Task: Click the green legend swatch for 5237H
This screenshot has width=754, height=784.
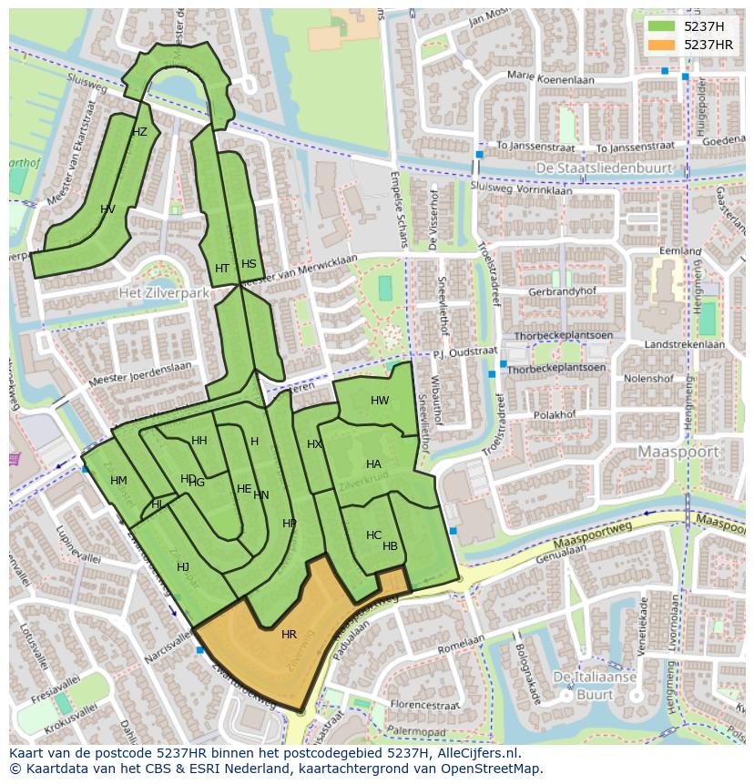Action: (x=661, y=26)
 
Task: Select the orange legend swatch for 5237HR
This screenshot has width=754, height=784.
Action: (x=661, y=45)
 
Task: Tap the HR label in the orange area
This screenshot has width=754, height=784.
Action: (x=289, y=635)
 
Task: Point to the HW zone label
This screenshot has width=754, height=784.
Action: (x=380, y=401)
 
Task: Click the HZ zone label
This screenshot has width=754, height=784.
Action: (x=139, y=132)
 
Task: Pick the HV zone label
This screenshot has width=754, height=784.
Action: (x=107, y=209)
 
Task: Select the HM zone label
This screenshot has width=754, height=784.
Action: (x=118, y=481)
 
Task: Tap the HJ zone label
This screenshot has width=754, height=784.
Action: (x=183, y=567)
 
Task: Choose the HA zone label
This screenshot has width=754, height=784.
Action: (x=373, y=464)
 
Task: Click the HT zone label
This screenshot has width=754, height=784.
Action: (x=222, y=269)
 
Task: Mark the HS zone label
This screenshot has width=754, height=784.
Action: (x=249, y=264)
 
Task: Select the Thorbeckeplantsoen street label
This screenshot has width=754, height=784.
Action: (x=556, y=369)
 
